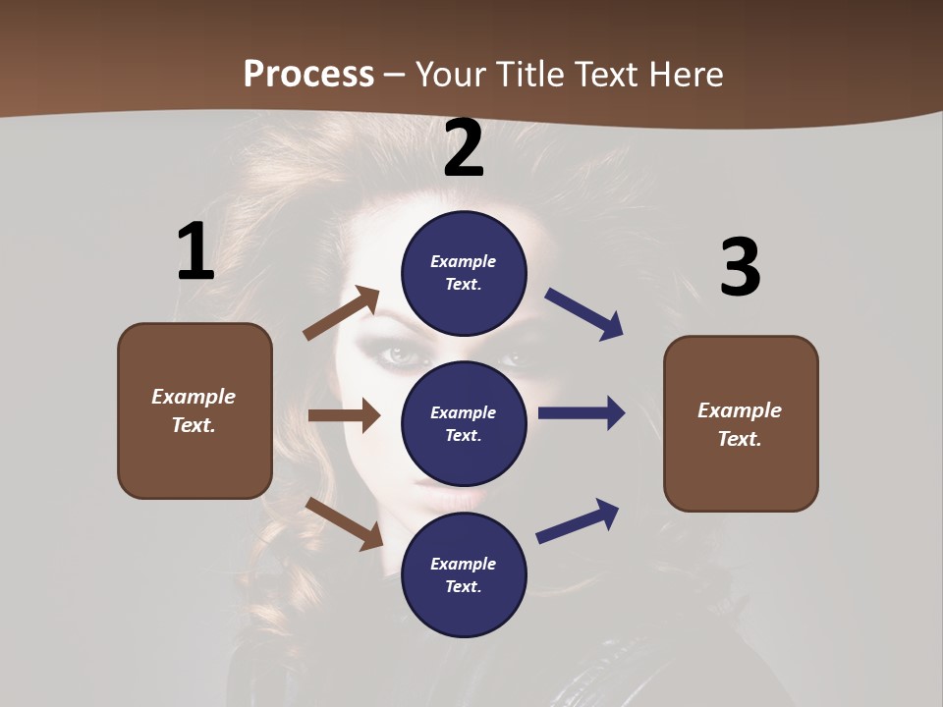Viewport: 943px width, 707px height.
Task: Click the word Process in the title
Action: pos(308,74)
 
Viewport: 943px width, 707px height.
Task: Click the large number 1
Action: pos(195,251)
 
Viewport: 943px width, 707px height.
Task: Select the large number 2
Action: pos(464,148)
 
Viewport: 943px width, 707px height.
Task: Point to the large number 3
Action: pos(740,267)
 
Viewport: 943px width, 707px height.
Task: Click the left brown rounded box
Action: pos(194,410)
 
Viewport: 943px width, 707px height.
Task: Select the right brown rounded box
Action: pos(741,424)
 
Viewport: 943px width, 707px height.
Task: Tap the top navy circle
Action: pos(464,273)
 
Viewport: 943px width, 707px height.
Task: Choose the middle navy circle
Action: pos(464,423)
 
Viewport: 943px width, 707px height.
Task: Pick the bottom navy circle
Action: pos(464,574)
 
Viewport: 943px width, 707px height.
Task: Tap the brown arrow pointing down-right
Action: pos(344,523)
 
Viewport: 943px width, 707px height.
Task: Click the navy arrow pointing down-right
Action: pos(584,314)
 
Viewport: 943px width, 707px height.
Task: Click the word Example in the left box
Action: pos(194,397)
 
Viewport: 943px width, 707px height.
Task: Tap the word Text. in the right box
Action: pos(740,439)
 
